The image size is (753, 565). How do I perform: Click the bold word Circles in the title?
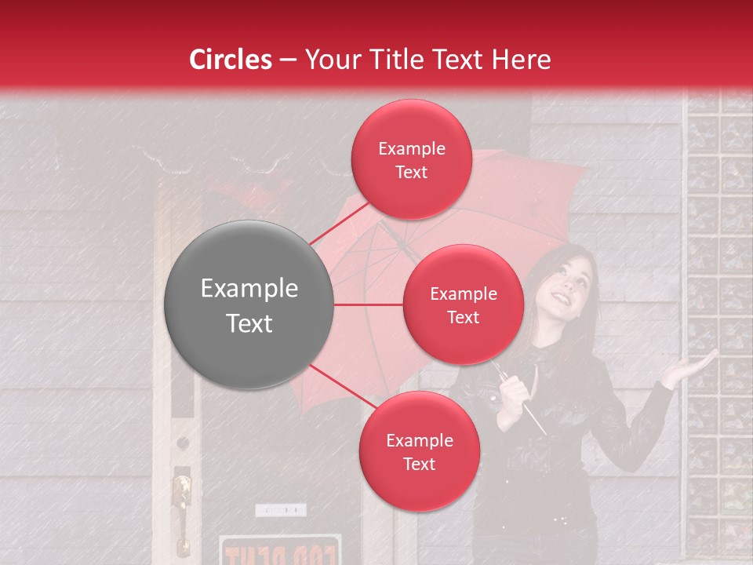(230, 60)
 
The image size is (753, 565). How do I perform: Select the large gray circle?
(249, 304)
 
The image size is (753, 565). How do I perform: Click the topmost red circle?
(412, 159)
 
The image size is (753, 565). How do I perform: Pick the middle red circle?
(463, 304)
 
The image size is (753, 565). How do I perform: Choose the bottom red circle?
(419, 452)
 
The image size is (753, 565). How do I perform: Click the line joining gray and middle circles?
(369, 304)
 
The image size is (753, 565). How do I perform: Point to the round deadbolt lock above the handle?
(183, 443)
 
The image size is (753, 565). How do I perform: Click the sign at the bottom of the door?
(280, 551)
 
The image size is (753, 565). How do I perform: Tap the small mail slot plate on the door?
(280, 510)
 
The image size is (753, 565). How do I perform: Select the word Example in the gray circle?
(249, 289)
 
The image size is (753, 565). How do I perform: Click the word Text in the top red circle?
(412, 172)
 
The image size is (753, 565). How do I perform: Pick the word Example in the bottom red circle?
(419, 440)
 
